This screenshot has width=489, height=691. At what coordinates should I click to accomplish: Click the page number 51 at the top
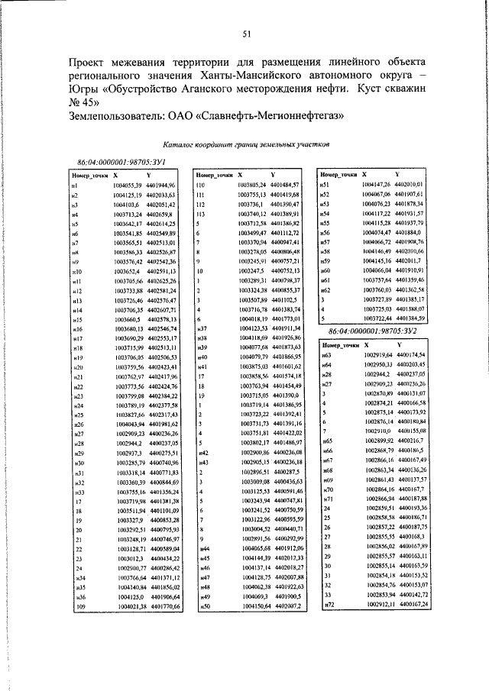pos(247,34)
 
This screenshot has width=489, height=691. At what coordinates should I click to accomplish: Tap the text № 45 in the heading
pos(84,102)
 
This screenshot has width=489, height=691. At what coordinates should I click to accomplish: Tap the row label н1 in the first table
pos(75,186)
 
